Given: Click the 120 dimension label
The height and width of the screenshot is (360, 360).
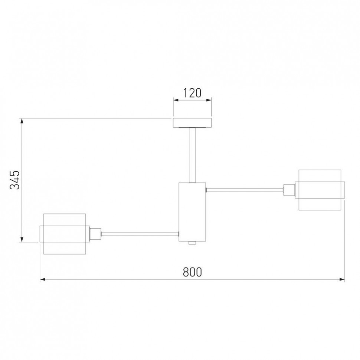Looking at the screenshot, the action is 192,93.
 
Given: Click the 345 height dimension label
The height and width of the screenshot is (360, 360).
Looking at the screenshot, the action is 15,180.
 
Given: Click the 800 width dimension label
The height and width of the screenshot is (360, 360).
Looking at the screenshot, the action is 192,272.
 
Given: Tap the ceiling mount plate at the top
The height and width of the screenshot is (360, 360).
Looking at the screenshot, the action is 192,122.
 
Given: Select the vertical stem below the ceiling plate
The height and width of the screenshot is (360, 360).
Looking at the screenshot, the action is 192,155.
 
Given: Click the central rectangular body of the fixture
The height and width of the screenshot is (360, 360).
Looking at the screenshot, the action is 192,212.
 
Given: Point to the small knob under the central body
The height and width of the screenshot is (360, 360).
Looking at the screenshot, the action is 192,243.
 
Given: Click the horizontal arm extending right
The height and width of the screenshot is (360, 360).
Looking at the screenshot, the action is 245,190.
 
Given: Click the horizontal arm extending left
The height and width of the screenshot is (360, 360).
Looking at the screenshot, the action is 140,234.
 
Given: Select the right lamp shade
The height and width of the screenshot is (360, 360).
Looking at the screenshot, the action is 320,190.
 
